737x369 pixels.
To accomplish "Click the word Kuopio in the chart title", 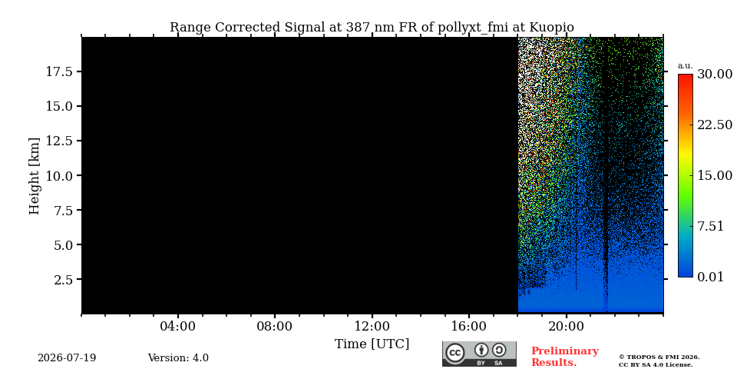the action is [x=552, y=28].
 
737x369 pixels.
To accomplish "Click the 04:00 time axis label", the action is [x=178, y=327].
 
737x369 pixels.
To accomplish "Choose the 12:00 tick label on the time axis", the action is [x=372, y=327].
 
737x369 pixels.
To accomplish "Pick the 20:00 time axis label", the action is [x=567, y=327].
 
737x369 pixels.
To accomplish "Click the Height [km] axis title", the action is [x=35, y=176].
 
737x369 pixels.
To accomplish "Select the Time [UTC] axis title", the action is [x=372, y=344].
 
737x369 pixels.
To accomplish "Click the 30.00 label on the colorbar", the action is [x=715, y=75].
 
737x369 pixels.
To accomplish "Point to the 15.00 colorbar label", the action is [x=715, y=175].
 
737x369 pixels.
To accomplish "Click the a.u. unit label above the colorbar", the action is [x=686, y=66].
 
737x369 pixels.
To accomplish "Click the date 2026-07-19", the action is [x=67, y=358].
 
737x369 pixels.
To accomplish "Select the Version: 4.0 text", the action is [x=178, y=358].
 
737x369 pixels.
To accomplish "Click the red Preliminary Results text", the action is [x=564, y=357].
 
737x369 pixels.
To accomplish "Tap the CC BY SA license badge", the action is [x=479, y=354].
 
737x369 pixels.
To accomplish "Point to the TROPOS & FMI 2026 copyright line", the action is [x=659, y=357].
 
